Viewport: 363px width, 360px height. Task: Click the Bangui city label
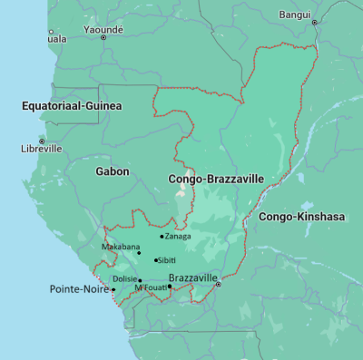point(294,15)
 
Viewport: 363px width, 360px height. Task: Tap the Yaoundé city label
point(103,29)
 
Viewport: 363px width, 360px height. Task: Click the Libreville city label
point(41,148)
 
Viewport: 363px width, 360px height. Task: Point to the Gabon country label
point(113,170)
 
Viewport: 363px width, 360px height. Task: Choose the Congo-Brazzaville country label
point(216,180)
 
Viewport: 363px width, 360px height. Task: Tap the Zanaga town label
point(178,237)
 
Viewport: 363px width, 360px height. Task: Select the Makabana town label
point(120,247)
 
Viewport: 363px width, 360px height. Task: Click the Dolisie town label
point(124,279)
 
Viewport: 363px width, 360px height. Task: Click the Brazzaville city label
point(193,277)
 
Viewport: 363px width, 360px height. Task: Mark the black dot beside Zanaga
point(162,237)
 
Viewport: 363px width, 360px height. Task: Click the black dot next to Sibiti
point(155,260)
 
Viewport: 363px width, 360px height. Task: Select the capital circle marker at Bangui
point(315,23)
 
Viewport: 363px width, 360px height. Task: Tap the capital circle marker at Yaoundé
point(103,37)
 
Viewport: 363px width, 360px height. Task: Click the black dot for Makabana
point(139,253)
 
